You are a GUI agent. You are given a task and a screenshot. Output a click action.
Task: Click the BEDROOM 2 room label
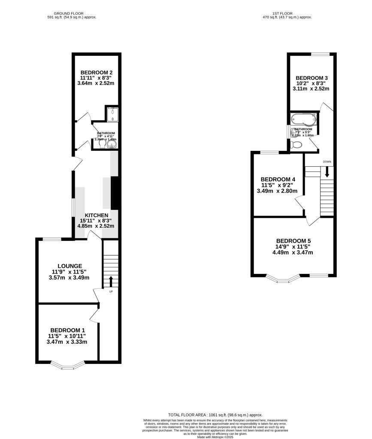96,72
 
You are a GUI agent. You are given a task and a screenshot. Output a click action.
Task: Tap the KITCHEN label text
96,215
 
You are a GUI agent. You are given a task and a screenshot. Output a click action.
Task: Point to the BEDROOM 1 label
67,330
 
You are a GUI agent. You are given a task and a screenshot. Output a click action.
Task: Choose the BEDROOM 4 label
278,179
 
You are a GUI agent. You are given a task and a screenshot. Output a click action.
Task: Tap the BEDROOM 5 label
293,241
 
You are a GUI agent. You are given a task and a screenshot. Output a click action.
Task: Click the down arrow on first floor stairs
327,172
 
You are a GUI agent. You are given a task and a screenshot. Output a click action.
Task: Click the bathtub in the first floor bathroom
303,119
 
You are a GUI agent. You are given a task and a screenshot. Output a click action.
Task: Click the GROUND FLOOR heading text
72,14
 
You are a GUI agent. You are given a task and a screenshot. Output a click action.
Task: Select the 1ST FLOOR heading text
287,14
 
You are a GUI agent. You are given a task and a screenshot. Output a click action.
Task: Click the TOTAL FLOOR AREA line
215,415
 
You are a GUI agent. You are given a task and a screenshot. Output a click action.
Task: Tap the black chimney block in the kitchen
115,192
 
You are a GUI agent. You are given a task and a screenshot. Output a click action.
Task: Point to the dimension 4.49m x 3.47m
293,253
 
